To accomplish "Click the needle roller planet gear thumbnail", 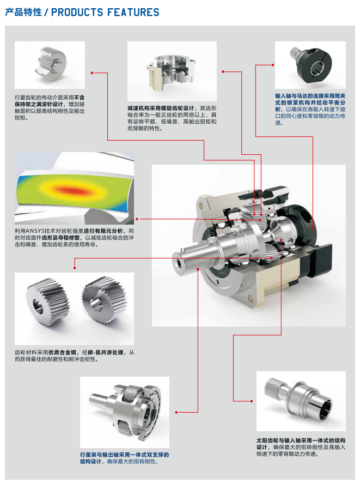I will click(50, 65).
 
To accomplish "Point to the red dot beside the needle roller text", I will click(93, 72).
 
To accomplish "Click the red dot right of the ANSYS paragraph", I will click(137, 219).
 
